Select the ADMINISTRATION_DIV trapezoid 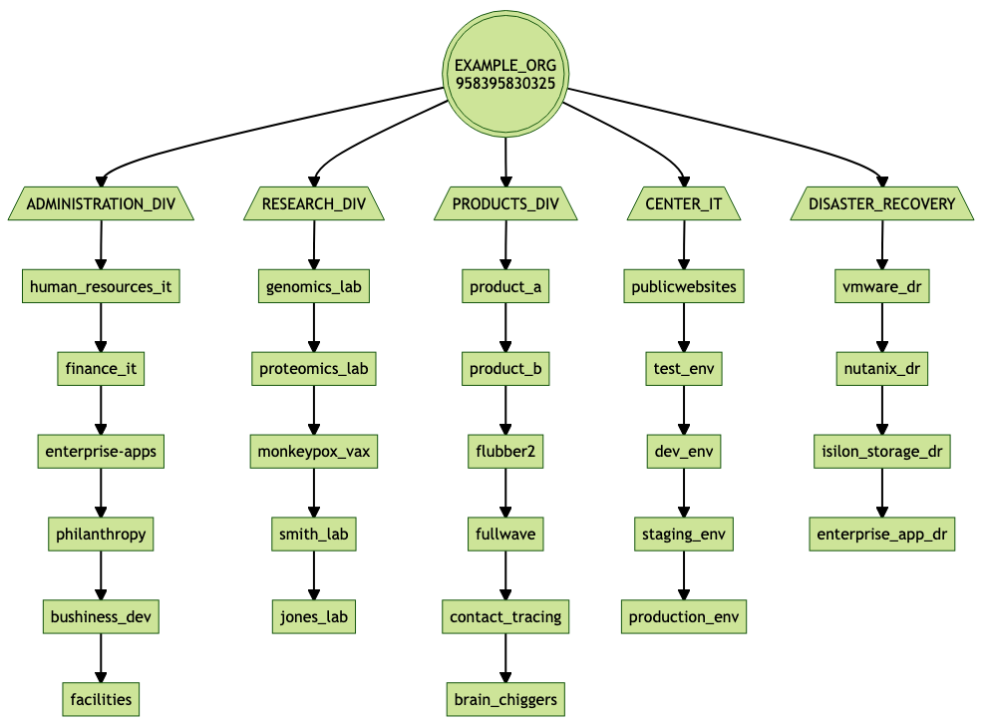(100, 204)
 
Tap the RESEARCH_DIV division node (314, 204)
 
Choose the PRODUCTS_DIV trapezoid (505, 204)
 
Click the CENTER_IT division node (684, 204)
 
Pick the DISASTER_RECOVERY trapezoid (881, 204)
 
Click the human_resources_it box (101, 287)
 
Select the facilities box (100, 699)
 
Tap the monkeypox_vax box (314, 452)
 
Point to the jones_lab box (314, 616)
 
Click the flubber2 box (505, 452)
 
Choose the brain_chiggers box (505, 699)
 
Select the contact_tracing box (505, 616)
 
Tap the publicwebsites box (684, 287)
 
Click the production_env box (684, 616)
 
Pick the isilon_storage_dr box (881, 452)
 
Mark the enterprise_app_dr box (881, 535)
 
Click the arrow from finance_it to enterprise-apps (101, 411)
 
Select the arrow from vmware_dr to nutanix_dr (881, 328)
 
